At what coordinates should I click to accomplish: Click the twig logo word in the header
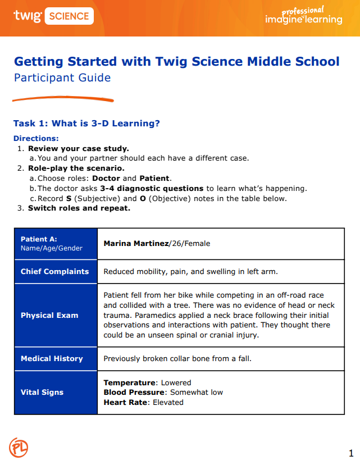click(27, 16)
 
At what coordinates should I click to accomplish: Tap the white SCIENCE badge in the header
click(68, 16)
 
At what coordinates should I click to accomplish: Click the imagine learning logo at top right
click(303, 17)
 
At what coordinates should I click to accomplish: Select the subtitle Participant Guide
click(62, 77)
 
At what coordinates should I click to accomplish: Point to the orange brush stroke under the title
click(63, 99)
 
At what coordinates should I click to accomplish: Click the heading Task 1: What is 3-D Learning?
click(90, 123)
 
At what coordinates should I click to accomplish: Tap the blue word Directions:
click(36, 138)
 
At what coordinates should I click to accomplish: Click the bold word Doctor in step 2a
click(107, 178)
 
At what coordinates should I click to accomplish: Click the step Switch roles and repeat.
click(79, 208)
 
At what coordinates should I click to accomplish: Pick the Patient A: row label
click(39, 239)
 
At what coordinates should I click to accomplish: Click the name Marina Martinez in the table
click(136, 244)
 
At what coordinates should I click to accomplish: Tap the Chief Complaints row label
click(54, 271)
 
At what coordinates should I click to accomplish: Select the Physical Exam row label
click(49, 315)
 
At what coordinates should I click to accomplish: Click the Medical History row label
click(52, 358)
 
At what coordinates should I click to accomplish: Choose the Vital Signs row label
click(42, 392)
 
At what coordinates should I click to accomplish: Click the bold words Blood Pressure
click(134, 392)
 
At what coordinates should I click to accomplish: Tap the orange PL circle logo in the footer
click(19, 448)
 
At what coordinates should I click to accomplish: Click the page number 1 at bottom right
click(350, 453)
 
